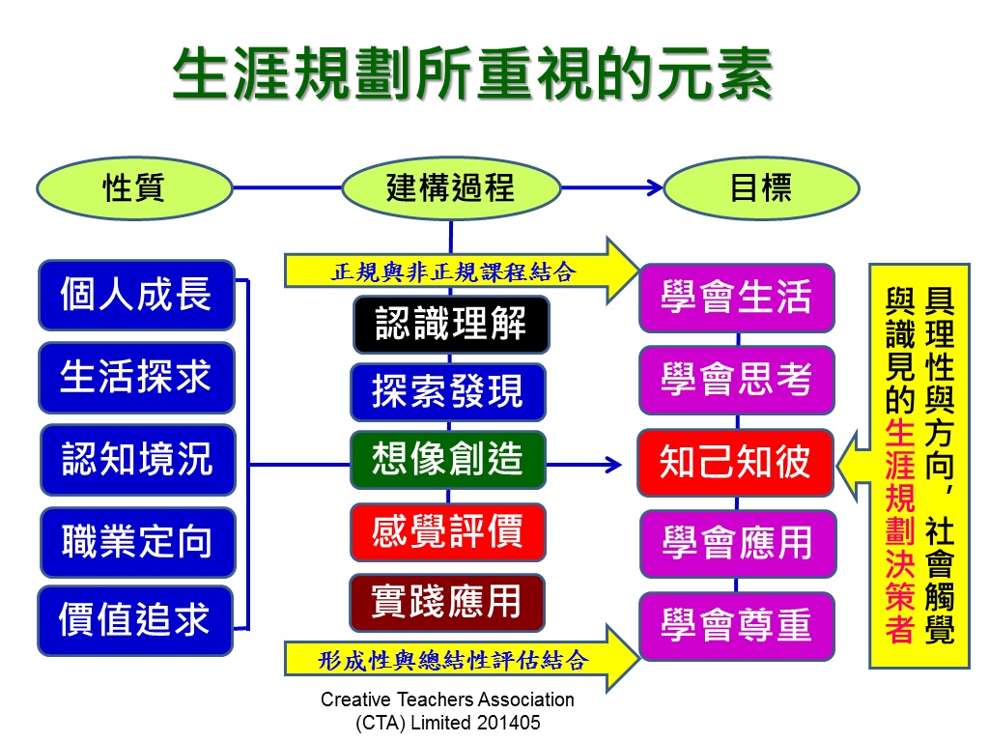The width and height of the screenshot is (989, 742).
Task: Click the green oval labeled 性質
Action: click(134, 188)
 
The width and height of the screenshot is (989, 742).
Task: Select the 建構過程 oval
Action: click(451, 188)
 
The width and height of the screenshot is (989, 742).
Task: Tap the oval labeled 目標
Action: click(761, 188)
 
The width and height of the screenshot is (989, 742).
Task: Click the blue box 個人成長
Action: click(136, 295)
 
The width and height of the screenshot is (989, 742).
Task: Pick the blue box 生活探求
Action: click(136, 378)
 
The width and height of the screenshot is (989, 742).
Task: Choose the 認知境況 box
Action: click(137, 459)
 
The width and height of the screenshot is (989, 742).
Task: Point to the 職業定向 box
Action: click(137, 542)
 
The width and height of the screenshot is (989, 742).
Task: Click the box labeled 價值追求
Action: click(135, 620)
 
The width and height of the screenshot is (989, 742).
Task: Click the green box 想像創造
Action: click(448, 459)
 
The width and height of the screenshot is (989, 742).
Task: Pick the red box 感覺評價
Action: click(448, 532)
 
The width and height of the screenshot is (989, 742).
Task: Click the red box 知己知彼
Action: click(735, 463)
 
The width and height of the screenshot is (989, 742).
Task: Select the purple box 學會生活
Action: click(737, 298)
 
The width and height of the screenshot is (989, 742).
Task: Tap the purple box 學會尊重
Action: click(737, 626)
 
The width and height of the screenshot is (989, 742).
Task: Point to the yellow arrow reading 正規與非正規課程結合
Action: click(462, 271)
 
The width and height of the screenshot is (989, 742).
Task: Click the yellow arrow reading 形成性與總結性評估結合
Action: click(462, 659)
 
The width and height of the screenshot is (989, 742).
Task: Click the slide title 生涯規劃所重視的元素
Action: click(473, 73)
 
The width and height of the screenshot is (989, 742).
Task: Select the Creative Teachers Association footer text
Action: click(448, 710)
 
